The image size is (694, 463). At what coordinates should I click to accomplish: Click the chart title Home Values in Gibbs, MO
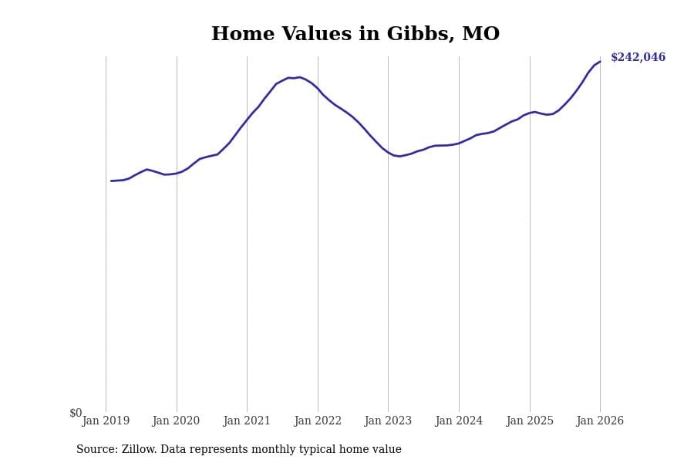[x=355, y=35]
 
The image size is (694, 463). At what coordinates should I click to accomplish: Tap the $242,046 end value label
[x=638, y=58]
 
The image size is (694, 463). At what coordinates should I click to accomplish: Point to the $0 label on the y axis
[x=76, y=413]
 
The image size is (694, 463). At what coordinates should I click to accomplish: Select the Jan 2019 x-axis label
[x=106, y=421]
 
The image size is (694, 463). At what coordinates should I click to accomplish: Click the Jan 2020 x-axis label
[x=176, y=421]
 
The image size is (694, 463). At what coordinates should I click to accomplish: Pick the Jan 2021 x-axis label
[x=247, y=421]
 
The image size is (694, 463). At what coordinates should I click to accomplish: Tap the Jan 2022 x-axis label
[x=318, y=421]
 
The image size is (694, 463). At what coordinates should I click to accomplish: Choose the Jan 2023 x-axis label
[x=388, y=421]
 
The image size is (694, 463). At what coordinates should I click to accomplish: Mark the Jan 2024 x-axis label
[x=459, y=421]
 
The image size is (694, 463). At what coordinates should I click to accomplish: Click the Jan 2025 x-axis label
[x=530, y=421]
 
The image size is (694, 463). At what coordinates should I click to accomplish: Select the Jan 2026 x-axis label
[x=600, y=421]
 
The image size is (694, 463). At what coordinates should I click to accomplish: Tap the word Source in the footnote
[x=96, y=450]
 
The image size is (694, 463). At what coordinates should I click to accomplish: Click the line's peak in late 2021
[x=299, y=77]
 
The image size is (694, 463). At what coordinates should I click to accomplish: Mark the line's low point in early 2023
[x=399, y=156]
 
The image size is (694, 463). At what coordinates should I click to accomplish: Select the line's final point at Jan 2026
[x=600, y=62]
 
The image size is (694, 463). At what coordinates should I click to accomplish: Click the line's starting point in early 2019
[x=111, y=181]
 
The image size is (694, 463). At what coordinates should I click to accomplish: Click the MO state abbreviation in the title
[x=480, y=35]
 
